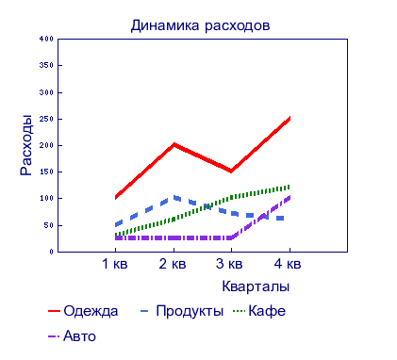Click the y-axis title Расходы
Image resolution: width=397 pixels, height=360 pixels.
click(x=27, y=145)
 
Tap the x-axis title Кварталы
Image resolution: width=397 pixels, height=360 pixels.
click(x=256, y=286)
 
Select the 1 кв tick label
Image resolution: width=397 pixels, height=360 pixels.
click(x=115, y=264)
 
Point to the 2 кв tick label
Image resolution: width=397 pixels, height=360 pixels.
click(x=173, y=264)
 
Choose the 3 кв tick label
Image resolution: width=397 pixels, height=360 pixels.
click(x=230, y=264)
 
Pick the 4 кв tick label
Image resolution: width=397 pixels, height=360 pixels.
click(x=288, y=264)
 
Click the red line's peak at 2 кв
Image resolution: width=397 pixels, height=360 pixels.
click(x=174, y=144)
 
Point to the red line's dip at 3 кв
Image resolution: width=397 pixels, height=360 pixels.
click(x=231, y=171)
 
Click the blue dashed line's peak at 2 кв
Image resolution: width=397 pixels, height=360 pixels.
click(x=174, y=197)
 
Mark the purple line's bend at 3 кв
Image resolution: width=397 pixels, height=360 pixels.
click(x=231, y=237)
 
